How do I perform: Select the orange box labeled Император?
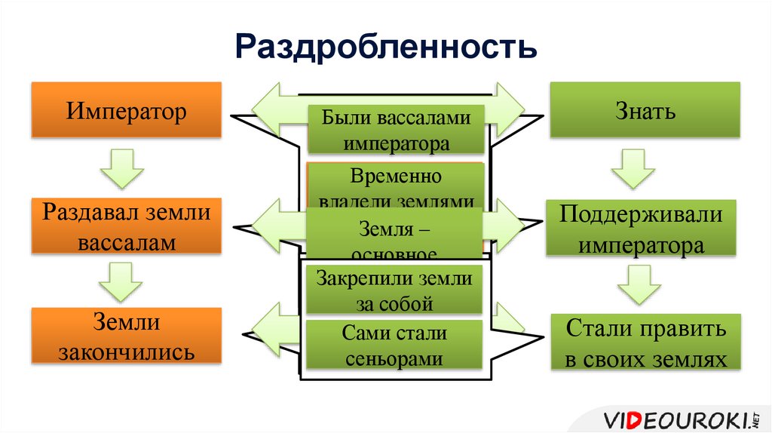(x=126, y=112)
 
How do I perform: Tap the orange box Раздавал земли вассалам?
(x=126, y=227)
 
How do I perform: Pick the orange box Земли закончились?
(x=126, y=336)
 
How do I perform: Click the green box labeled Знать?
(x=644, y=112)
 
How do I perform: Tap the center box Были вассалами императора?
(x=395, y=130)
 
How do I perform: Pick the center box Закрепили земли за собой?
(x=395, y=291)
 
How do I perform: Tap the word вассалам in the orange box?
(x=126, y=243)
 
